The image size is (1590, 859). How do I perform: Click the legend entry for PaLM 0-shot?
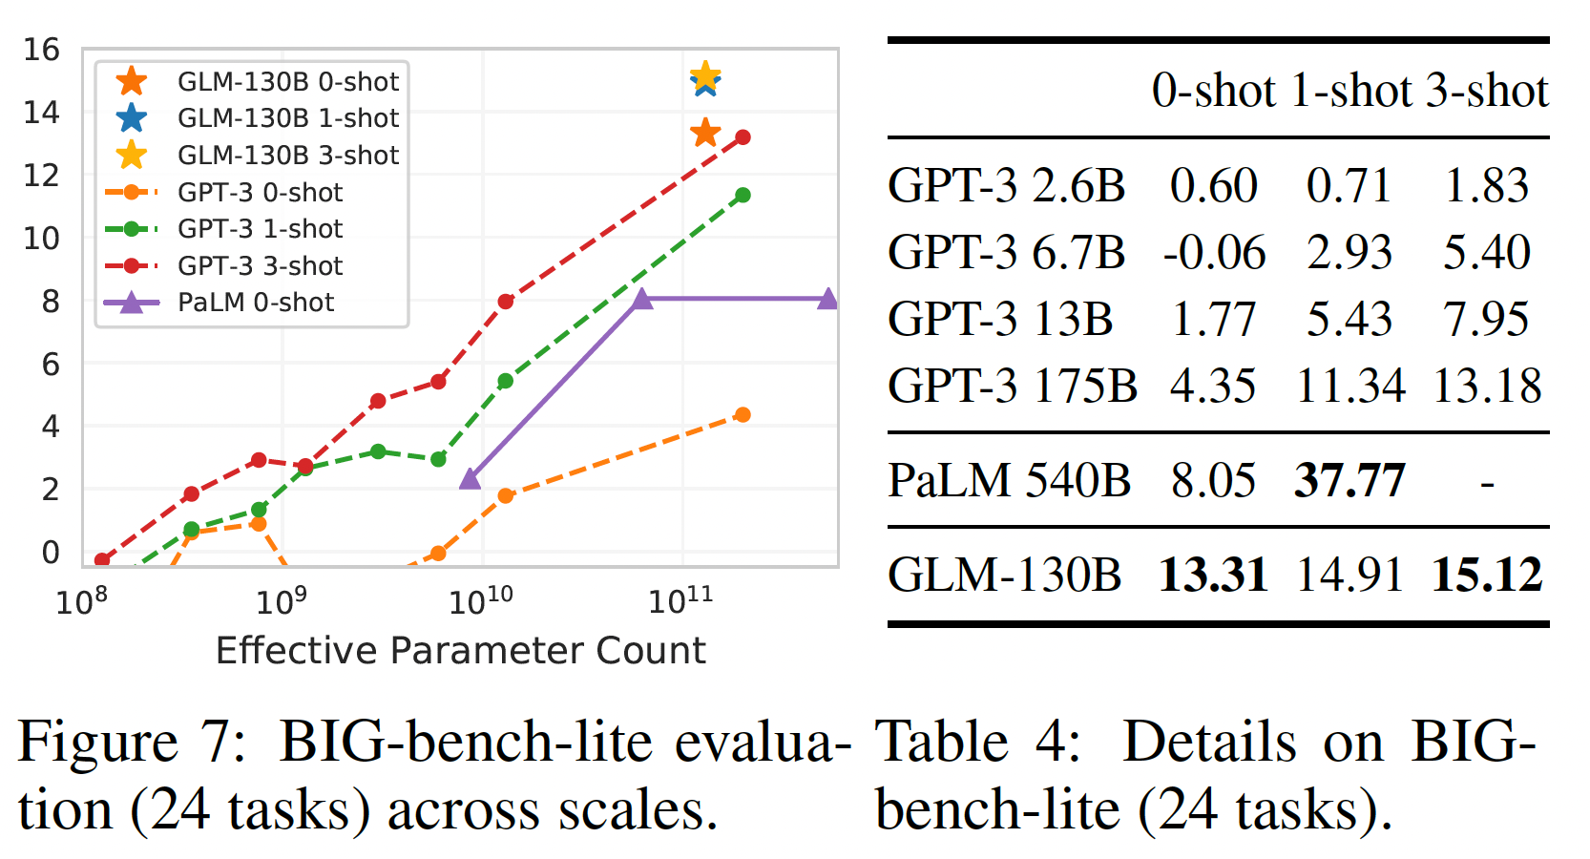pos(255,303)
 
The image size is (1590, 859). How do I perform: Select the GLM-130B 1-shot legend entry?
pos(287,118)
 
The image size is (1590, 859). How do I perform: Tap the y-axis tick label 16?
pos(41,50)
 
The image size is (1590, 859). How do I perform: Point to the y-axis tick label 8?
pos(51,302)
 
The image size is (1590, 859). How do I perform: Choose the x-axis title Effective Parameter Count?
pos(460,651)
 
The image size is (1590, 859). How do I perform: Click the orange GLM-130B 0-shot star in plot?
pos(705,133)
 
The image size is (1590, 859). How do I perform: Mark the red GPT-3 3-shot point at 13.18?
pos(743,137)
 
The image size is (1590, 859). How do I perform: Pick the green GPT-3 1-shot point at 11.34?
pos(743,196)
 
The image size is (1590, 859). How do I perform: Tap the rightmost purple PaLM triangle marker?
pos(827,300)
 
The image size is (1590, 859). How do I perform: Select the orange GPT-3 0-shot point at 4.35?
pos(743,414)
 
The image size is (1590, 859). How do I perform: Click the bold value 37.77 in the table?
pos(1349,480)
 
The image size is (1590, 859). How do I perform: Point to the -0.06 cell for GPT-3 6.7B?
pos(1214,253)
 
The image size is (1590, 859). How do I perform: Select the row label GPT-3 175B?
pos(1012,387)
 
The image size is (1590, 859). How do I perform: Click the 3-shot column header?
pos(1487,92)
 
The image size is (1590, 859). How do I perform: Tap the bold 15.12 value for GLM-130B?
pos(1487,576)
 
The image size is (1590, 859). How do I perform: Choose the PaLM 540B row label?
pos(1009,480)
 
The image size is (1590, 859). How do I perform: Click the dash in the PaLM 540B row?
pos(1487,483)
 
